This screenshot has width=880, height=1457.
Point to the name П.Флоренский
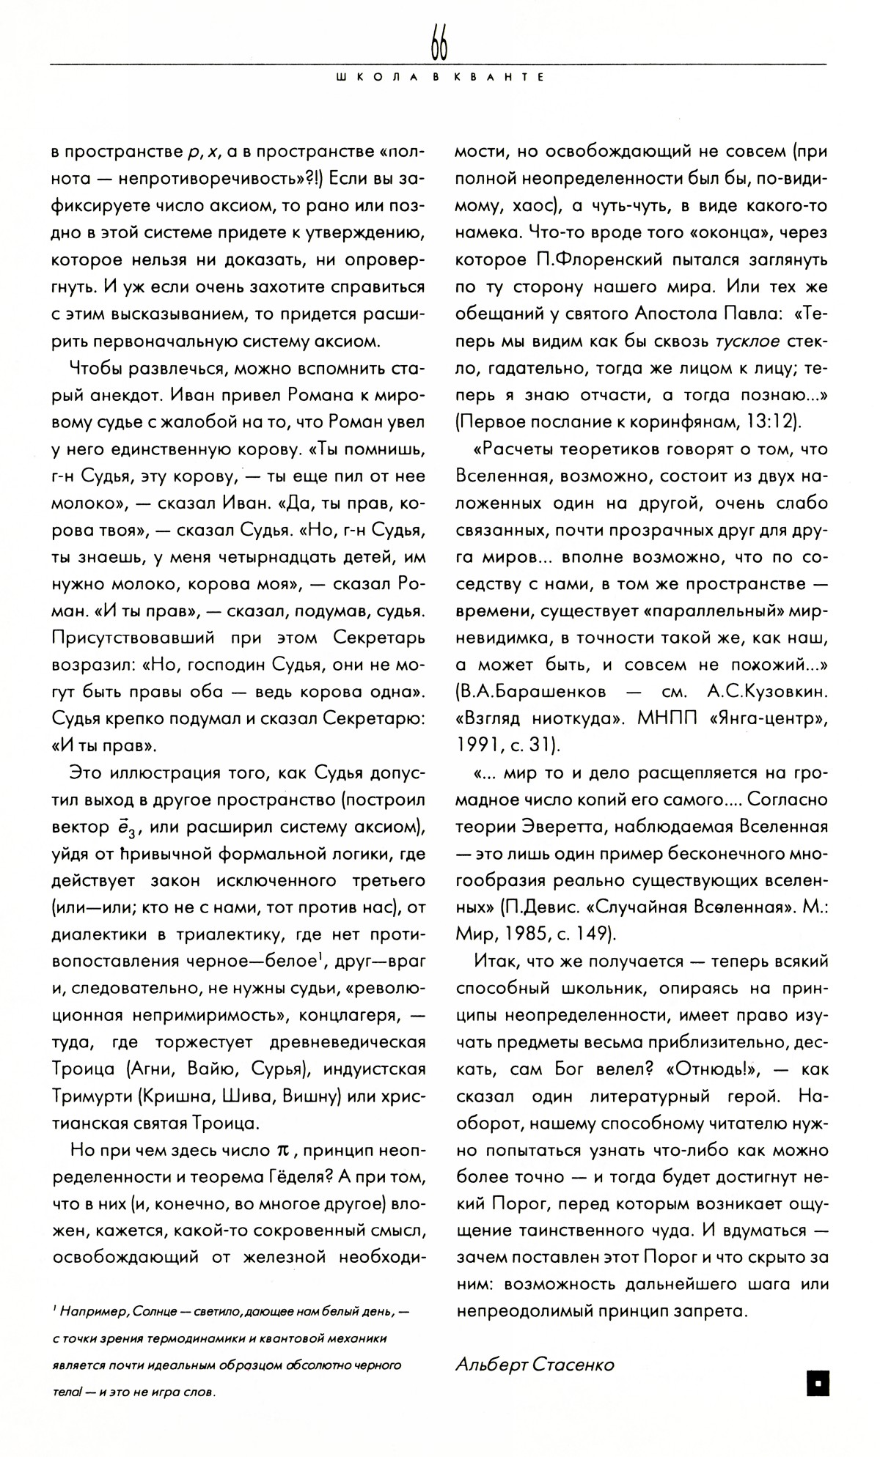coord(585,260)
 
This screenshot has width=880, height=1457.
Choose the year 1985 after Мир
coord(520,934)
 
